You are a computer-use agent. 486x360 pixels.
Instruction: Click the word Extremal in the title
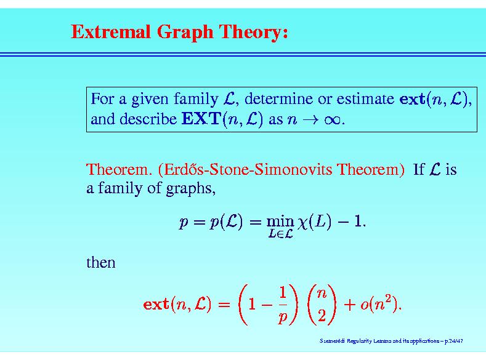point(111,31)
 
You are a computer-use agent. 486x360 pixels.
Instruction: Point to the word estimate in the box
point(365,99)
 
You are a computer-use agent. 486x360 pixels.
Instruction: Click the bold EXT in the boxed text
point(201,119)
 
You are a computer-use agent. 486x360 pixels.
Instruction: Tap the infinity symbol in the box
point(332,120)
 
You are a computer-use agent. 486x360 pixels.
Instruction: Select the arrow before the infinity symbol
point(310,120)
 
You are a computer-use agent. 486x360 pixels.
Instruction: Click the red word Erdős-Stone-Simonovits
point(246,169)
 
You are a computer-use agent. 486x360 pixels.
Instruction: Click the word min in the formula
point(280,222)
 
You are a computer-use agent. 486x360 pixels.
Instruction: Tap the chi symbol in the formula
point(302,223)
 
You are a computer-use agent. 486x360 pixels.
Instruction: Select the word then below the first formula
point(101,262)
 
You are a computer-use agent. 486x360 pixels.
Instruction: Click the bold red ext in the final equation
point(156,304)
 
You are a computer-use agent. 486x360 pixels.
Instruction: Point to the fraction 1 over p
point(283,305)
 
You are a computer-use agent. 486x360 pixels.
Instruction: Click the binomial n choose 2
point(322,305)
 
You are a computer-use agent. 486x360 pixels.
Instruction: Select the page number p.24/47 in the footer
point(454,341)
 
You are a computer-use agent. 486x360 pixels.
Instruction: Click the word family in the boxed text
point(196,99)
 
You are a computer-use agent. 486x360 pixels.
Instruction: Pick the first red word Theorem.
point(119,169)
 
